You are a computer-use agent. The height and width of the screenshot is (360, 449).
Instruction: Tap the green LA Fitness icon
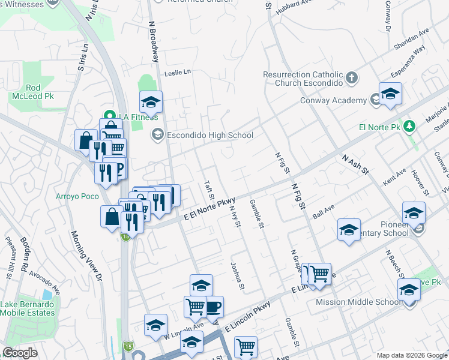pos(109,116)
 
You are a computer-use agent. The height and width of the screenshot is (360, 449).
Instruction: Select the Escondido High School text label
pos(209,135)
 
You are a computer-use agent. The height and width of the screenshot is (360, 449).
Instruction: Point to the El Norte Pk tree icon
pos(409,126)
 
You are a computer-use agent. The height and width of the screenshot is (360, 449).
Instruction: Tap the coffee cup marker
pos(213,307)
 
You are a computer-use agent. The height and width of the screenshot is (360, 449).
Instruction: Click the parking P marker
pos(118,168)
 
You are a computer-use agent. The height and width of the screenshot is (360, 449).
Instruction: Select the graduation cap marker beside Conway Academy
pos(390,94)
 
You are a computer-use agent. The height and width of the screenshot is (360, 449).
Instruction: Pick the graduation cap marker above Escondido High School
pos(151,102)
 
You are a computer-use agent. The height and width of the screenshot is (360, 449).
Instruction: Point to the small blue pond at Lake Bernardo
pos(47,295)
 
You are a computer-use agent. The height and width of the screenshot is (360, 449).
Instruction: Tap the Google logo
pos(20,353)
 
